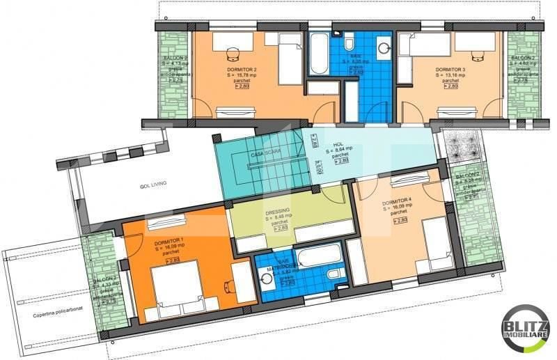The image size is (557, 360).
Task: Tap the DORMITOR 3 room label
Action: click(450, 70)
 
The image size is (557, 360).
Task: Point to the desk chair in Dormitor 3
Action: click(479, 53)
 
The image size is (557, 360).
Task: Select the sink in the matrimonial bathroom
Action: click(266, 279)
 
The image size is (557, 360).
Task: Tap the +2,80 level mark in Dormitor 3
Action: click(450, 86)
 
